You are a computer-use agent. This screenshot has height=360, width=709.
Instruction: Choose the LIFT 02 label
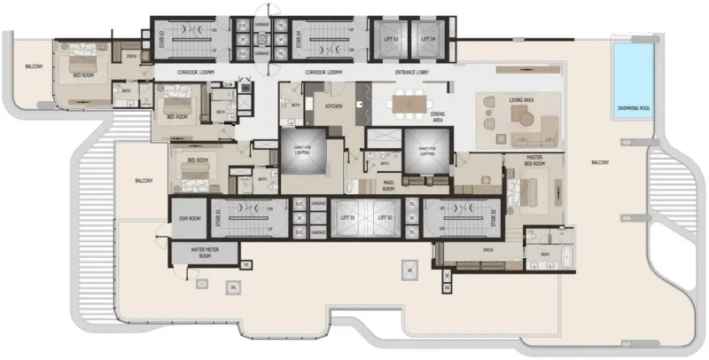[384, 216]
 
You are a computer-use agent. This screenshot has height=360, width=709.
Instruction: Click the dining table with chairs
[410, 104]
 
